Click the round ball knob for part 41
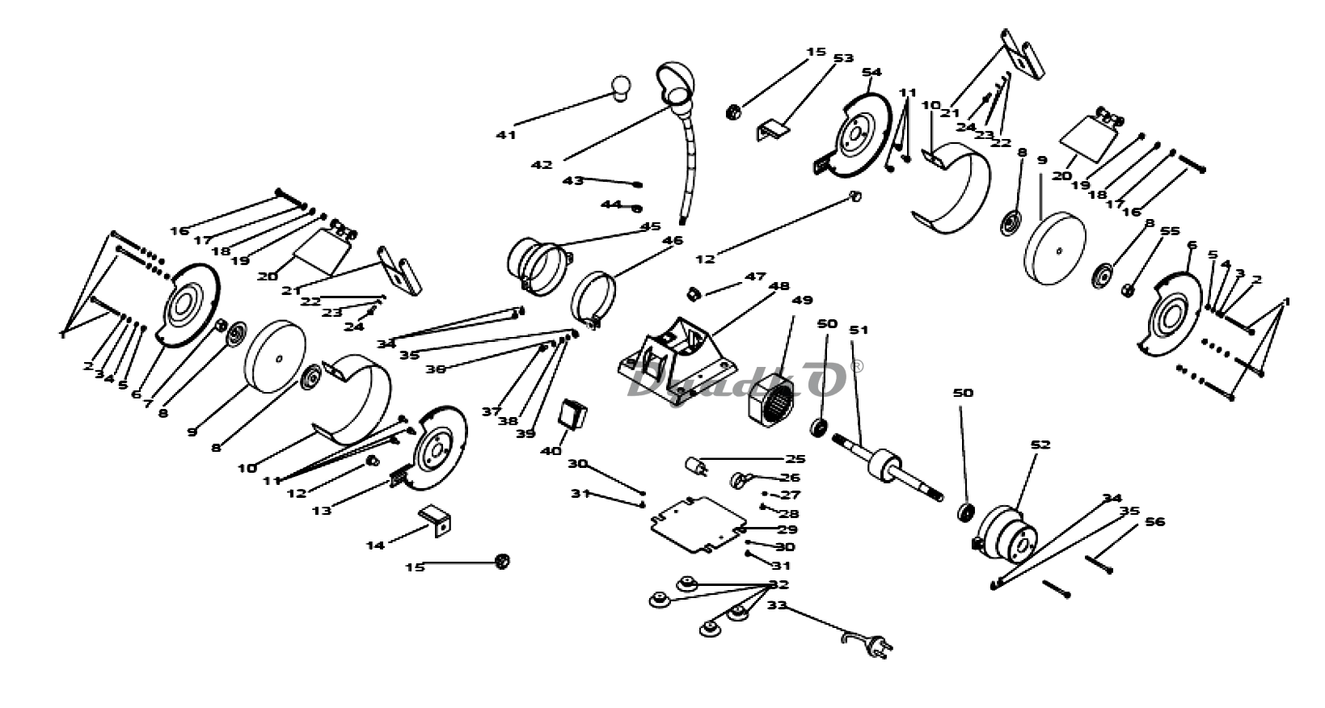click(x=621, y=86)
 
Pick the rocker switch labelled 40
click(x=573, y=414)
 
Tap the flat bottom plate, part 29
click(x=698, y=525)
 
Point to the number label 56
click(x=1155, y=521)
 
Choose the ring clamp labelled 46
click(x=594, y=299)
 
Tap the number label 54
click(x=871, y=73)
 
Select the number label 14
click(x=375, y=546)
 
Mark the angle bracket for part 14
click(x=435, y=519)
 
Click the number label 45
click(x=650, y=225)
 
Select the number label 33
click(x=776, y=605)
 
